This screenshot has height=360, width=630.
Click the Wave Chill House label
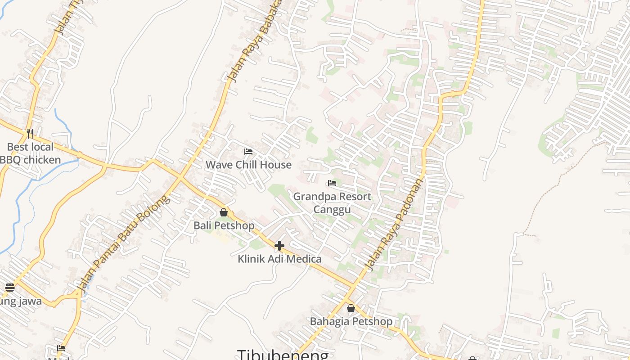(x=248, y=165)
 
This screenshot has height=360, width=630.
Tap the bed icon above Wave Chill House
(x=248, y=152)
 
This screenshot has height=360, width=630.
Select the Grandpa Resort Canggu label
(x=332, y=203)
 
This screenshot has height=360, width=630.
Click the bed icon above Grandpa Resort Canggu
(x=332, y=183)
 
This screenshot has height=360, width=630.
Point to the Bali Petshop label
(x=224, y=225)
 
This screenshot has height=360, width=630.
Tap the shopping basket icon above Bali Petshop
(x=224, y=212)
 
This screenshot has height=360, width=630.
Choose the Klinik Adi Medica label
(x=279, y=259)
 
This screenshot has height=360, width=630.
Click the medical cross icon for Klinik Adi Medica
(x=279, y=246)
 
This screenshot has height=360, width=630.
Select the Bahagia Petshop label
(x=351, y=321)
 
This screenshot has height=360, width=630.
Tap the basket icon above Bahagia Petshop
(x=351, y=308)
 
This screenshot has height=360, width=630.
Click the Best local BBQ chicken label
(x=30, y=153)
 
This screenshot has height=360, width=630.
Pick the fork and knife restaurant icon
(x=30, y=133)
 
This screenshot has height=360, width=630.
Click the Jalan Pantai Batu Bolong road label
(x=123, y=243)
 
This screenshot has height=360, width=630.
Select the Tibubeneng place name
(x=283, y=355)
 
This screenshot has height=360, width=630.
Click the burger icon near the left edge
(x=10, y=288)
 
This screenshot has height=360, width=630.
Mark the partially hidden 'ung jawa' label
(x=21, y=301)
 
